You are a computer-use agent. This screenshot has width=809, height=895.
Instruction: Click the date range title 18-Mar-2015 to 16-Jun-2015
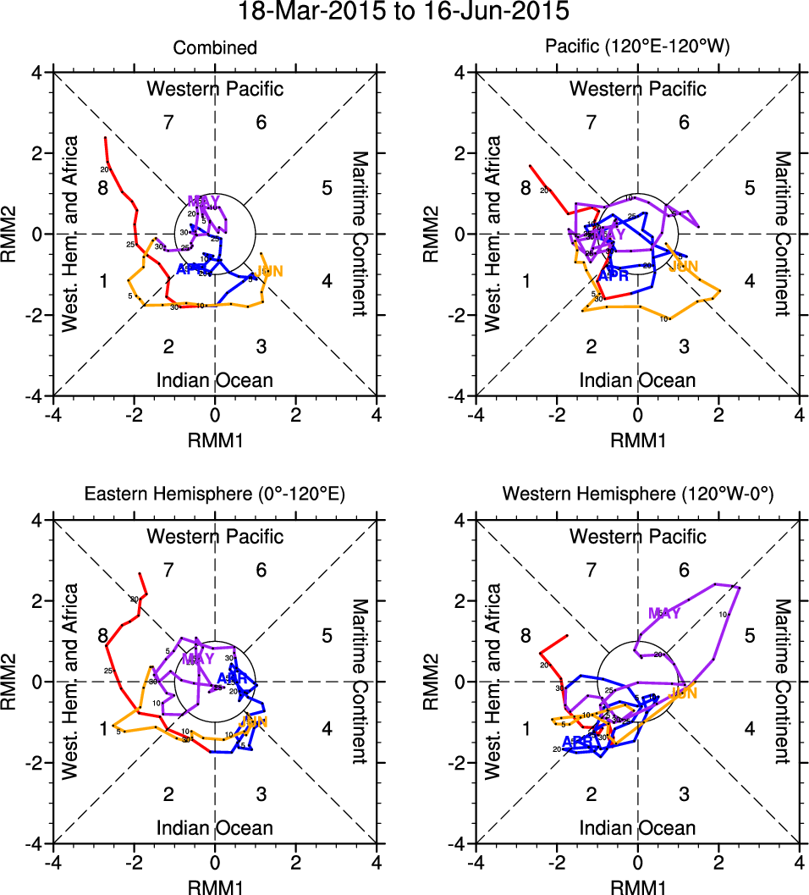pyautogui.click(x=404, y=12)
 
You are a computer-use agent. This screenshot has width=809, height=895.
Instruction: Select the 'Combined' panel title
pyautogui.click(x=215, y=48)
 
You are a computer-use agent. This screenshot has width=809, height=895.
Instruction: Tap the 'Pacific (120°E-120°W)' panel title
pyautogui.click(x=637, y=48)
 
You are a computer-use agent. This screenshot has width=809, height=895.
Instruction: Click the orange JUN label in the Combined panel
pyautogui.click(x=269, y=271)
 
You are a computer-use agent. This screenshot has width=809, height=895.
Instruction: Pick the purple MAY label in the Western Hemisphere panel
pyautogui.click(x=664, y=613)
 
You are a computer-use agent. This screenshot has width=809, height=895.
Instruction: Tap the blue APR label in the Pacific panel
pyautogui.click(x=613, y=275)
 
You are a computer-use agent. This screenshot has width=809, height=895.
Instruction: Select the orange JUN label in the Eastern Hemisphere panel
pyautogui.click(x=253, y=721)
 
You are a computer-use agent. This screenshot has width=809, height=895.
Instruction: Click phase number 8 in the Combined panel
pyautogui.click(x=103, y=188)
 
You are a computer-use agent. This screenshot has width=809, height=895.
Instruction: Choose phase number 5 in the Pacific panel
pyautogui.click(x=749, y=188)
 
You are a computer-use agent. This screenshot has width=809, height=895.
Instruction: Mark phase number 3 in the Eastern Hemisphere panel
pyautogui.click(x=261, y=793)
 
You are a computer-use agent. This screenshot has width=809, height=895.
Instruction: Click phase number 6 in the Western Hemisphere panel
pyautogui.click(x=684, y=571)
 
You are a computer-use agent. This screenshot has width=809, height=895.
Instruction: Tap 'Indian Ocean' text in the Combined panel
pyautogui.click(x=215, y=380)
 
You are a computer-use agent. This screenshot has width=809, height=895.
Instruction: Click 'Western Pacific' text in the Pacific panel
pyautogui.click(x=637, y=88)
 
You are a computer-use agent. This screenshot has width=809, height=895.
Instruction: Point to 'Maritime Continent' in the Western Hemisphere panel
pyautogui.click(x=782, y=681)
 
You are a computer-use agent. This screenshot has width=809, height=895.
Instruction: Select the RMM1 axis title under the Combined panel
pyautogui.click(x=215, y=439)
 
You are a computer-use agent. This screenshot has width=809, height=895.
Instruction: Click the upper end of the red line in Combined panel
pyautogui.click(x=105, y=137)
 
